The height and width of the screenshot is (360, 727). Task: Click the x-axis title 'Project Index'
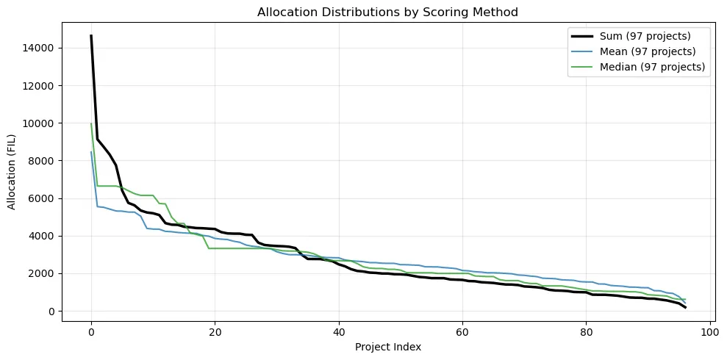point(388,346)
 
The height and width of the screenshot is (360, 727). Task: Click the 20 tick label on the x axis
point(215,331)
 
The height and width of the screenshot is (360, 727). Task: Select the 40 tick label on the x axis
point(338,331)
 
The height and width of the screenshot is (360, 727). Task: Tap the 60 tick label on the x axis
point(462,331)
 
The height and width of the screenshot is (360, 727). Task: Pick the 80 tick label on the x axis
point(585,331)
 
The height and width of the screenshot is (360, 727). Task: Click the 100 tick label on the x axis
point(709,331)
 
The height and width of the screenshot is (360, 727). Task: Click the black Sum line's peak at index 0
point(91,36)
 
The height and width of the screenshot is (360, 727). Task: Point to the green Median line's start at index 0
point(91,124)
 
